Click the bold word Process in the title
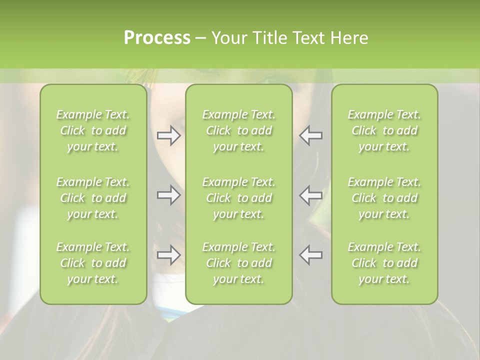coord(157,38)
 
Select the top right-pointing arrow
coord(168,135)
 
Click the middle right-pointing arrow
coord(168,195)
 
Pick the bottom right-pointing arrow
coord(168,255)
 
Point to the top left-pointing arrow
coord(310,135)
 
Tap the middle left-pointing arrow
coord(310,195)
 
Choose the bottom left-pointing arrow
coord(310,255)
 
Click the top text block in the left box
coord(93,130)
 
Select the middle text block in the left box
coord(93,198)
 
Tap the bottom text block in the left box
coord(93,263)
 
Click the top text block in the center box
coord(238,130)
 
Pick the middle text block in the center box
coord(238,198)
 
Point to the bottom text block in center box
coord(238,263)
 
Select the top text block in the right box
coord(384,130)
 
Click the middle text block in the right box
coord(384,198)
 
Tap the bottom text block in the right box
coord(384,263)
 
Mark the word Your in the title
coord(229,38)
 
